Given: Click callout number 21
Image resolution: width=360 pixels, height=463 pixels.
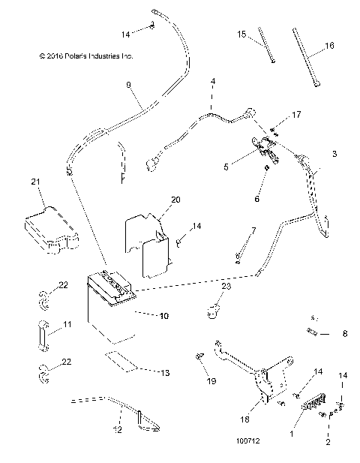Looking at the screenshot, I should tap(34, 182).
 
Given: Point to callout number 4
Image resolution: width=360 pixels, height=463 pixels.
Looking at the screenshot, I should tap(212, 80).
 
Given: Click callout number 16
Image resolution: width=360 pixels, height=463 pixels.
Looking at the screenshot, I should tap(328, 45).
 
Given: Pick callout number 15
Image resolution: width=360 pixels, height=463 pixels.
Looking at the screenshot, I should tap(242, 35).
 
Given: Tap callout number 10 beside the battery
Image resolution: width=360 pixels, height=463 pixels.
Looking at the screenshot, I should tap(164, 316).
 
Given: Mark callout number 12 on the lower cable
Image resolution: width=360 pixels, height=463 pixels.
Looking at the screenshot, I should tap(118, 430).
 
